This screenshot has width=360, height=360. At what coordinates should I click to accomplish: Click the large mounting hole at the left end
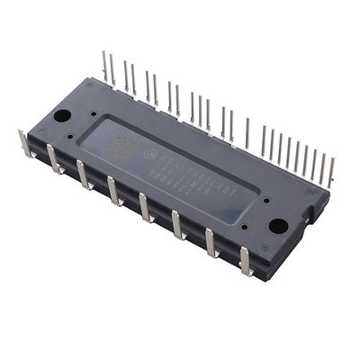[62, 115]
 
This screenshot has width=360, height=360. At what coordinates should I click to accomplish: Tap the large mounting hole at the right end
[278, 226]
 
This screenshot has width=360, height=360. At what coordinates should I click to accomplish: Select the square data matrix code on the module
[123, 148]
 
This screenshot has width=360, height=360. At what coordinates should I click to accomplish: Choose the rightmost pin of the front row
[245, 260]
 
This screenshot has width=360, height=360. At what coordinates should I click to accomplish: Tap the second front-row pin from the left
[55, 158]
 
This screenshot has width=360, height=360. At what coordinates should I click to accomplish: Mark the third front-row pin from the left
[84, 174]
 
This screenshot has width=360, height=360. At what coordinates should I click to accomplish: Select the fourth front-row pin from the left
[114, 190]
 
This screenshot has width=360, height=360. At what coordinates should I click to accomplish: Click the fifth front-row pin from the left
[145, 207]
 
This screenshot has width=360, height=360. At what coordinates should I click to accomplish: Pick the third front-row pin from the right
[178, 224]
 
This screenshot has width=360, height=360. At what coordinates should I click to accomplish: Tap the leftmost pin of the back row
[105, 67]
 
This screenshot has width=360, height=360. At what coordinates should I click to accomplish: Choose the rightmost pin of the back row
[330, 171]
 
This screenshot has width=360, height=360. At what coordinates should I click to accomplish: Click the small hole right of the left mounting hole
[93, 114]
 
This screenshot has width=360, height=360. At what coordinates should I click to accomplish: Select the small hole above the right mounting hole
[290, 204]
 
